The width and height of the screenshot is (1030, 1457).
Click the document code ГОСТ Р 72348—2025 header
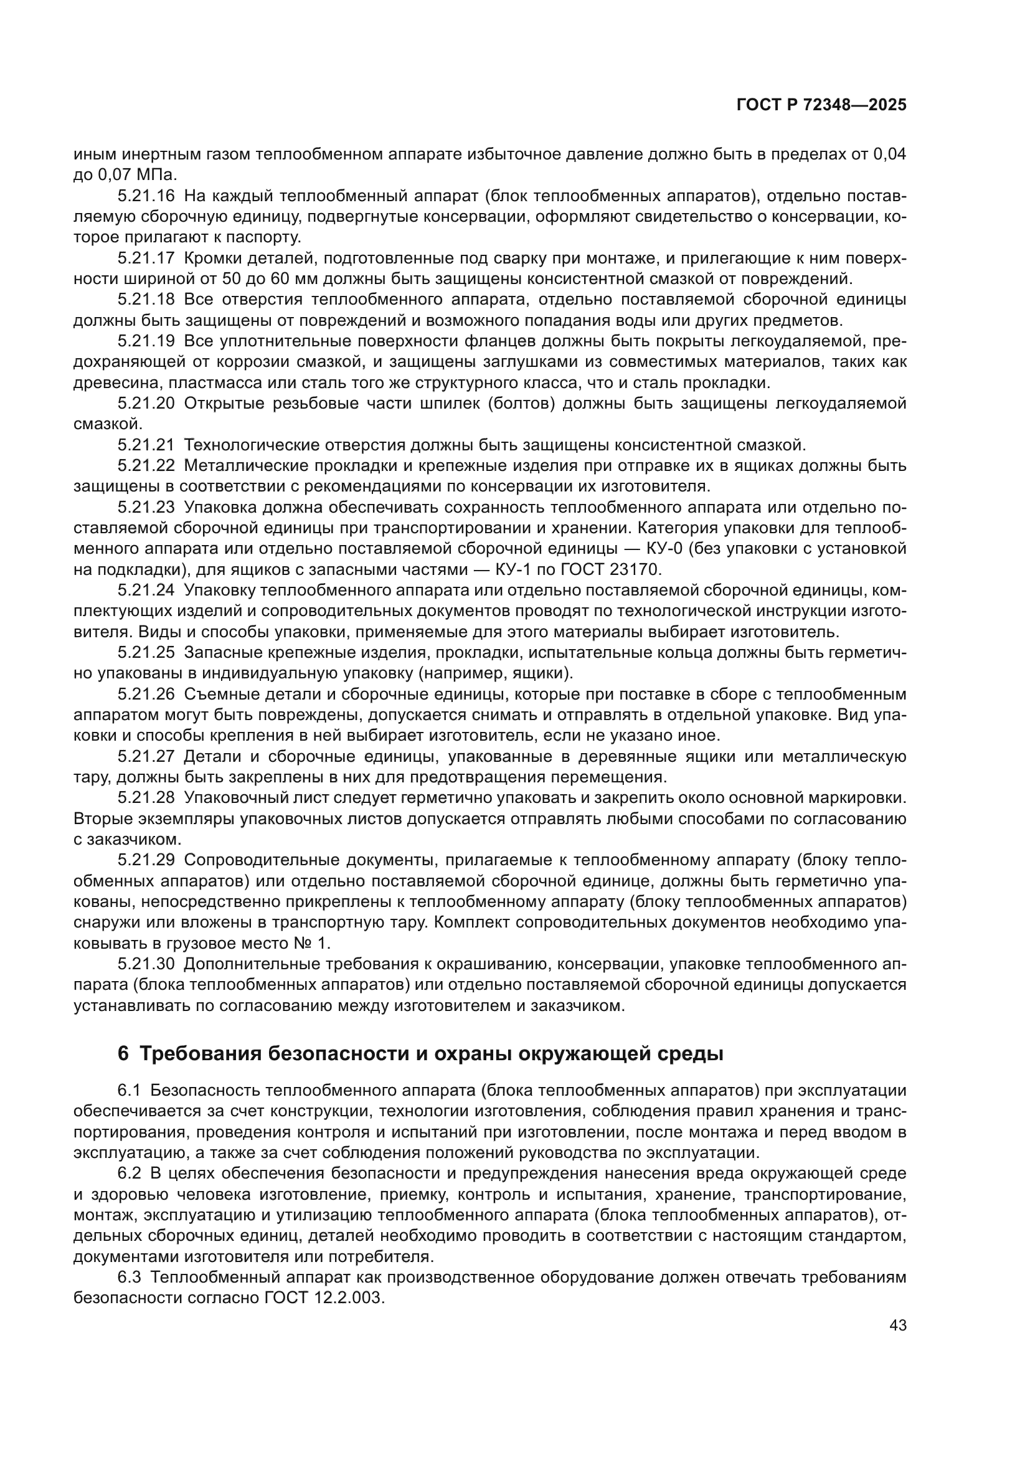(821, 105)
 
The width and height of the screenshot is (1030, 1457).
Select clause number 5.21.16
(146, 196)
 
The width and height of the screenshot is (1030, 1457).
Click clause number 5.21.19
(146, 341)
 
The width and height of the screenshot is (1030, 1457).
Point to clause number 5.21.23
(146, 507)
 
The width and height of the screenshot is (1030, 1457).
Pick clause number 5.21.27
(146, 756)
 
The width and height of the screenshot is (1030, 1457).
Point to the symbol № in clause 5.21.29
(305, 943)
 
